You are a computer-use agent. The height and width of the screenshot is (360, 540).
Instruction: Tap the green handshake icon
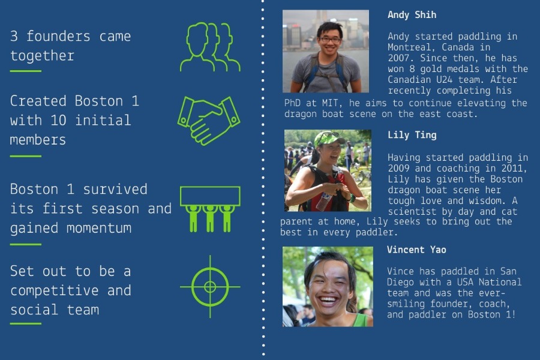(x=209, y=121)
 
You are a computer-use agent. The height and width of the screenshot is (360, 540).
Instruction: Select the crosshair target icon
(x=210, y=287)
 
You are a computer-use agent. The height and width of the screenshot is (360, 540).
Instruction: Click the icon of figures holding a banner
(x=210, y=209)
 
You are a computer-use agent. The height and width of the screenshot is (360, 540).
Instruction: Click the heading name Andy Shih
(x=412, y=15)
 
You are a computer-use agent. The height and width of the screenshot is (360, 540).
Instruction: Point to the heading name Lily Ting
(x=412, y=135)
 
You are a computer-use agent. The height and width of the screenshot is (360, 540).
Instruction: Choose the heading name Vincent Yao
(x=416, y=250)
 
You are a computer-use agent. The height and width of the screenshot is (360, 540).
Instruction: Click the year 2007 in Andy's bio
(x=398, y=58)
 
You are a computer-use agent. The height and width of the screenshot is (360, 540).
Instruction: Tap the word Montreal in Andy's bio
(x=409, y=47)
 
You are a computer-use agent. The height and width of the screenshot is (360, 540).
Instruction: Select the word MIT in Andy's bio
(x=330, y=103)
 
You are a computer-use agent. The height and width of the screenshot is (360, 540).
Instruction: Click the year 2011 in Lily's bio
(x=512, y=169)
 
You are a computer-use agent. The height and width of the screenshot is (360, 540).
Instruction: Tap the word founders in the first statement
(x=58, y=36)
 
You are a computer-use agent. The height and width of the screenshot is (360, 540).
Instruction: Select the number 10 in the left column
(x=58, y=120)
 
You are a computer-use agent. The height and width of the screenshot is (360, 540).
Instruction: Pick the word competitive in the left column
(x=55, y=291)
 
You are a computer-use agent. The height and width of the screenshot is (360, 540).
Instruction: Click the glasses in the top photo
(x=329, y=40)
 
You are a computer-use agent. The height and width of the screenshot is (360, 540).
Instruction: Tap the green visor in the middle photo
(x=329, y=138)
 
